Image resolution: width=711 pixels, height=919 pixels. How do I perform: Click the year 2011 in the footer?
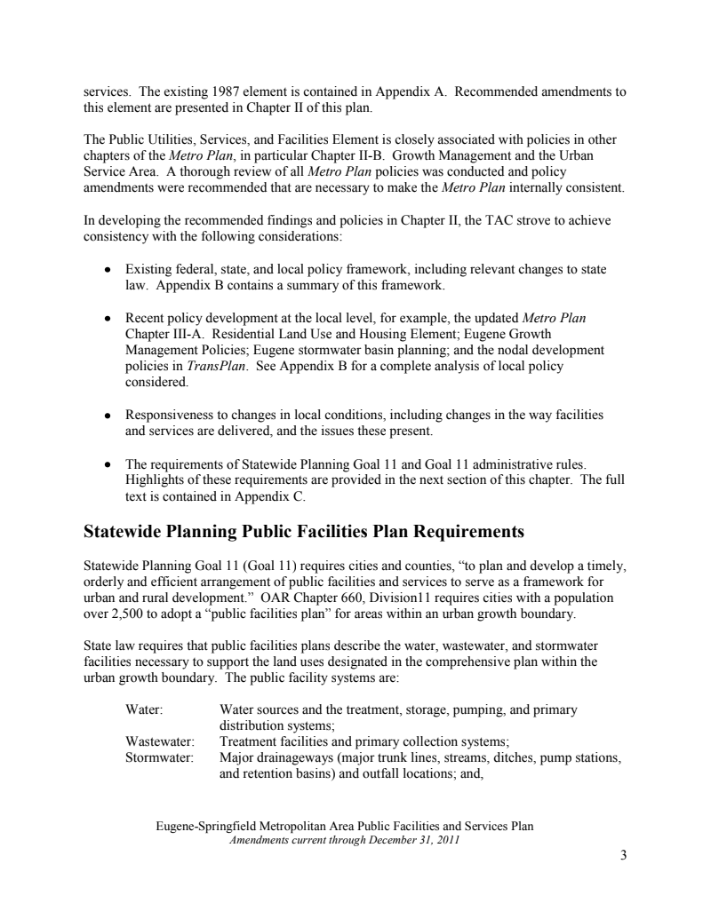[x=441, y=839]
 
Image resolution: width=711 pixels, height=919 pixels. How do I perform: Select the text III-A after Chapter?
[x=183, y=334]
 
